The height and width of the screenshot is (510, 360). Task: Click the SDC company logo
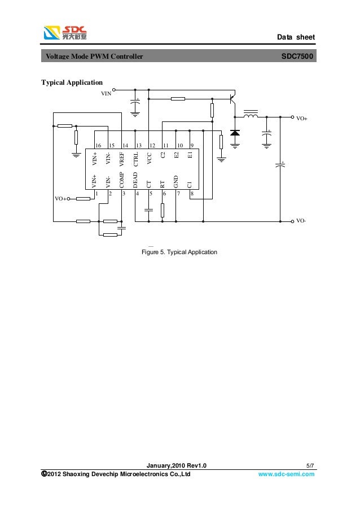(x=65, y=33)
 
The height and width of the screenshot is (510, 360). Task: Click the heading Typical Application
(x=72, y=83)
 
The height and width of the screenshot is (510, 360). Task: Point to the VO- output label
(x=301, y=221)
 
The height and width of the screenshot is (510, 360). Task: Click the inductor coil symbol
(x=251, y=116)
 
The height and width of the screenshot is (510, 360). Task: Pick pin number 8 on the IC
(x=192, y=193)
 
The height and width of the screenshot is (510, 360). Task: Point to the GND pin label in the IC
(x=176, y=181)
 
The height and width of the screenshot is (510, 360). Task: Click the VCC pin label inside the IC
(x=149, y=159)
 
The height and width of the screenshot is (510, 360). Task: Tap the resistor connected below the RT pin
(x=163, y=210)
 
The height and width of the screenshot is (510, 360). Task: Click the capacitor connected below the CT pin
(x=148, y=210)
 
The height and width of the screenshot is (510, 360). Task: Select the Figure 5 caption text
(x=179, y=252)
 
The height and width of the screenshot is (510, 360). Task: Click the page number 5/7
(x=309, y=465)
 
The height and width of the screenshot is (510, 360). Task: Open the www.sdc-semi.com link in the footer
(x=286, y=474)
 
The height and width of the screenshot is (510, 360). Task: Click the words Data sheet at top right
(x=296, y=37)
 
